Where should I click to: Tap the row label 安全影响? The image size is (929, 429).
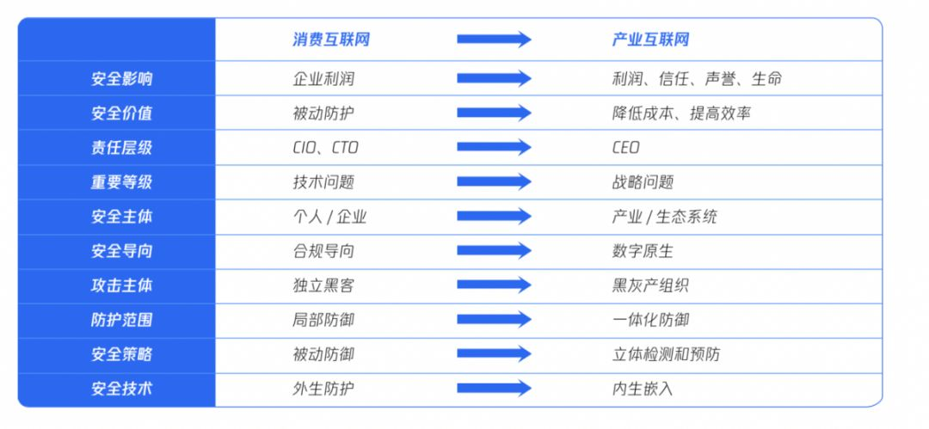[121, 79]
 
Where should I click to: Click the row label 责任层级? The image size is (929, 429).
[121, 148]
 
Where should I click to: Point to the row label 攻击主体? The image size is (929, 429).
[121, 285]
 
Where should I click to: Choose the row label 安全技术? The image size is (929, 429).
[121, 389]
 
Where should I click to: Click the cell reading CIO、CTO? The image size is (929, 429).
[325, 148]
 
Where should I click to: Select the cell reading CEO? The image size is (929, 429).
[625, 148]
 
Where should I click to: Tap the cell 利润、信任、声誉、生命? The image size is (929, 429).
[697, 79]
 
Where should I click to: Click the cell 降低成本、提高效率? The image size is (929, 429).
[681, 113]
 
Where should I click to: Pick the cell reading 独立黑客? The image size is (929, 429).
[323, 285]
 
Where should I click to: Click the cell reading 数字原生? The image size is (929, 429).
[643, 251]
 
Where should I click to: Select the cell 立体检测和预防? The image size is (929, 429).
[666, 354]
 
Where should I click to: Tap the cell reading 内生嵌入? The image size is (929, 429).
[643, 389]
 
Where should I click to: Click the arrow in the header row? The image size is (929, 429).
[494, 40]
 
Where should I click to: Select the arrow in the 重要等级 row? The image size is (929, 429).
[494, 182]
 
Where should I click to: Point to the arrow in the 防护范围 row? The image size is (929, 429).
[494, 320]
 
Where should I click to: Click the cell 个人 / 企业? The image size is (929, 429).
[329, 217]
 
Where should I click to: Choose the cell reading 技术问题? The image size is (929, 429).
[323, 182]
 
